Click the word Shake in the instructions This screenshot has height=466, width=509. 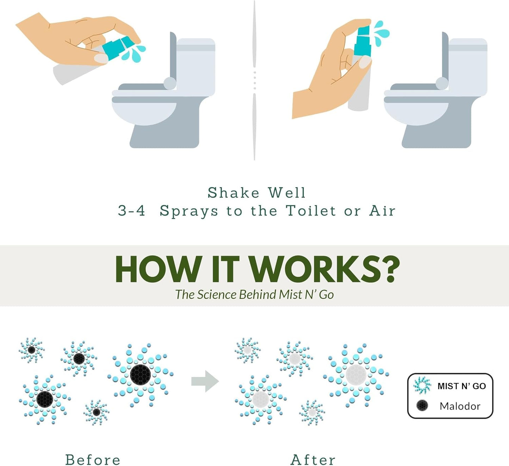point(233,193)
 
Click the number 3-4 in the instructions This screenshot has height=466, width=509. point(131,211)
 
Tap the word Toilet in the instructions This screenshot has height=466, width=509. point(311,211)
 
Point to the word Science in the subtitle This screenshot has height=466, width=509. point(217,295)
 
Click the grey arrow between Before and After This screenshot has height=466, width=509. point(205,381)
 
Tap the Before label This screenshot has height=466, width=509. point(93,460)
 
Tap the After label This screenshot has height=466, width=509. point(313,460)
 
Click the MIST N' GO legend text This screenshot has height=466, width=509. point(461,386)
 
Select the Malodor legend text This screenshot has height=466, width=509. point(460,406)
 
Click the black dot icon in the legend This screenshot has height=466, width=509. point(422,405)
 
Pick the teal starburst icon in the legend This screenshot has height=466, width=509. point(422,385)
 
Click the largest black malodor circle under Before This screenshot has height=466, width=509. point(140,375)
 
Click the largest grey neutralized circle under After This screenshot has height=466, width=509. point(356,375)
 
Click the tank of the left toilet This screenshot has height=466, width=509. point(195,65)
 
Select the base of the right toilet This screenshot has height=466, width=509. point(437,136)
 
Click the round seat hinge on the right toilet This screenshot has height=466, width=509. point(442,84)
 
